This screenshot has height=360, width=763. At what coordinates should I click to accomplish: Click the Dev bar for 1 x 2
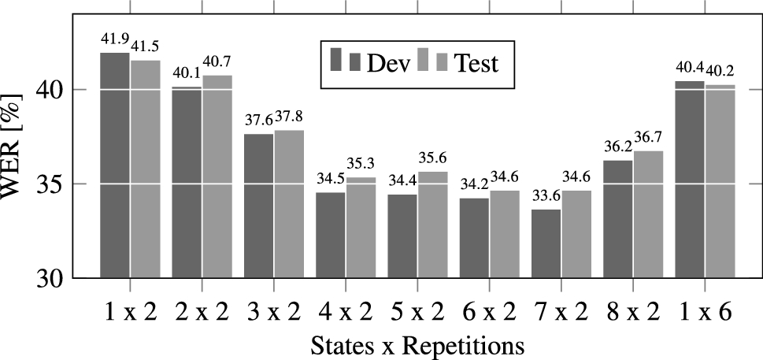(115, 165)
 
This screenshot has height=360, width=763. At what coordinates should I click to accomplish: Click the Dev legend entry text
(388, 63)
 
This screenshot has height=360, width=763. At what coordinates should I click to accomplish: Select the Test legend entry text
(476, 63)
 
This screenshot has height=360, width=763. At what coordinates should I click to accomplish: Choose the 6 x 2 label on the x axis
(489, 312)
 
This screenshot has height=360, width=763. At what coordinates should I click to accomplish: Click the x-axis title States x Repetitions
(417, 345)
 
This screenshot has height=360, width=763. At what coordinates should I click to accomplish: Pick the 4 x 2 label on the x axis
(347, 312)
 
